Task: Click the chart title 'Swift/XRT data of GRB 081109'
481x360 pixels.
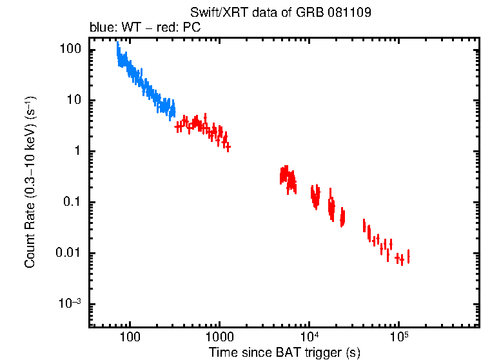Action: click(280, 13)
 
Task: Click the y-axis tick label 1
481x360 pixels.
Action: click(75, 151)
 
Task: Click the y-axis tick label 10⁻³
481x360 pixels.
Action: click(68, 303)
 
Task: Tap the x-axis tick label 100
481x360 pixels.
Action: click(130, 337)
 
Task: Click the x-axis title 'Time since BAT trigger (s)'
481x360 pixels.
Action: click(284, 352)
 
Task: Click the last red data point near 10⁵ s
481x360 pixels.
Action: click(407, 257)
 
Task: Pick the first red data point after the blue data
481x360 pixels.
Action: click(179, 127)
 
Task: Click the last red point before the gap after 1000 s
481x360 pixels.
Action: click(228, 148)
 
